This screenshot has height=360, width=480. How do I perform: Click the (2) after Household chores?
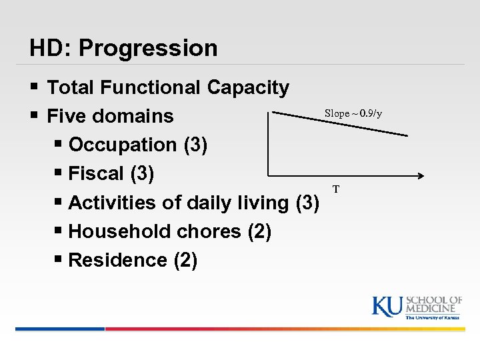[x=259, y=231]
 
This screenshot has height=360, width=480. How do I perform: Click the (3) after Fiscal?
[x=142, y=174]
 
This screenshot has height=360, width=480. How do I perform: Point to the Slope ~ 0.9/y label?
[x=353, y=113]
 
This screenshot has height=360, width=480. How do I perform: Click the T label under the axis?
[x=336, y=189]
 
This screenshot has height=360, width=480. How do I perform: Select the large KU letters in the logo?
[x=387, y=306]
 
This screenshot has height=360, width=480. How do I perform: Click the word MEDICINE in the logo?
[x=433, y=308]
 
